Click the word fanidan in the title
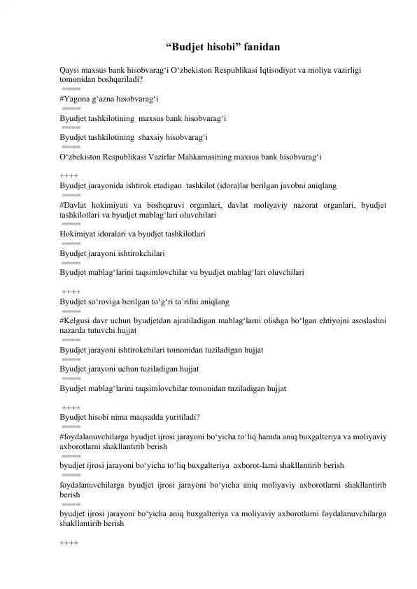tap(262, 48)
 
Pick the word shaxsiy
tap(155, 137)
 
